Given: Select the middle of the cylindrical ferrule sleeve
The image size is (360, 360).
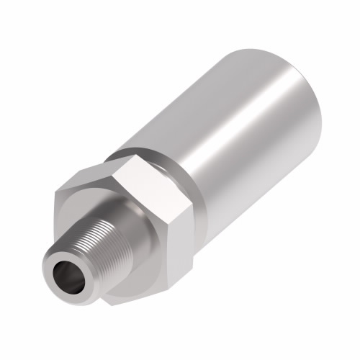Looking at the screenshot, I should click(x=238, y=137).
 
